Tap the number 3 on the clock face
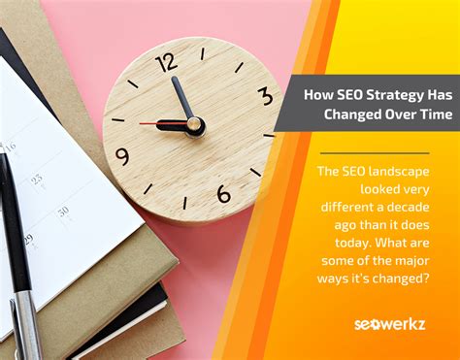point(265,96)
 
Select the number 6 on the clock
point(223,193)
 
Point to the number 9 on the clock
point(122,156)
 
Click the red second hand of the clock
point(151,123)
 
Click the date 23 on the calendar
point(36,179)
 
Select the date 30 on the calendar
point(63,211)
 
